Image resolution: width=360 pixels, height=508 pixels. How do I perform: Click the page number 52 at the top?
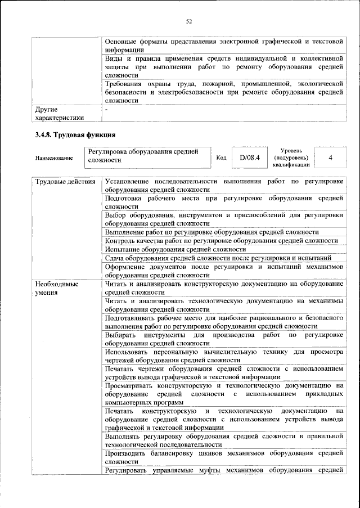(189, 21)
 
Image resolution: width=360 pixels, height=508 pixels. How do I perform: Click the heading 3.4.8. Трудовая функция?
(75, 135)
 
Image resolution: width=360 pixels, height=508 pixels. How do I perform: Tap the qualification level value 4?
(330, 157)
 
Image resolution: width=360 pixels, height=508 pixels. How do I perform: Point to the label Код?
(221, 158)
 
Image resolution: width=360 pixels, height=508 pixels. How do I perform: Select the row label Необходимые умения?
(57, 289)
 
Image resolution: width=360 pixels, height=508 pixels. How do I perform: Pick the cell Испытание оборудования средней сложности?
(175, 249)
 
